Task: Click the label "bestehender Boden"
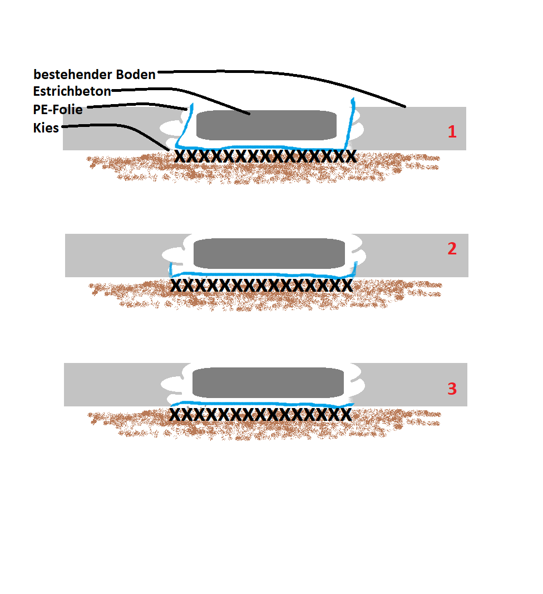[94, 74]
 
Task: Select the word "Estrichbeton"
[72, 91]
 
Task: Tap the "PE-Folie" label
[57, 110]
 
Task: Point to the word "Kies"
[46, 127]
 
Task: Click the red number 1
[452, 131]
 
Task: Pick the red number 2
[452, 248]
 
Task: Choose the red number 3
[452, 389]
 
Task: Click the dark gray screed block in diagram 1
[266, 125]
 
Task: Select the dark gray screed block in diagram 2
[269, 253]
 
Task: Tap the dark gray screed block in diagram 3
[268, 382]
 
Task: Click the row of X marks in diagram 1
[265, 156]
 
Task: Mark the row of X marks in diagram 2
[261, 285]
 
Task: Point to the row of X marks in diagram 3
[260, 414]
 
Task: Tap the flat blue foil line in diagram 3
[261, 404]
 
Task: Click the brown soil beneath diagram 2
[265, 297]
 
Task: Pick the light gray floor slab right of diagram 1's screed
[411, 129]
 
